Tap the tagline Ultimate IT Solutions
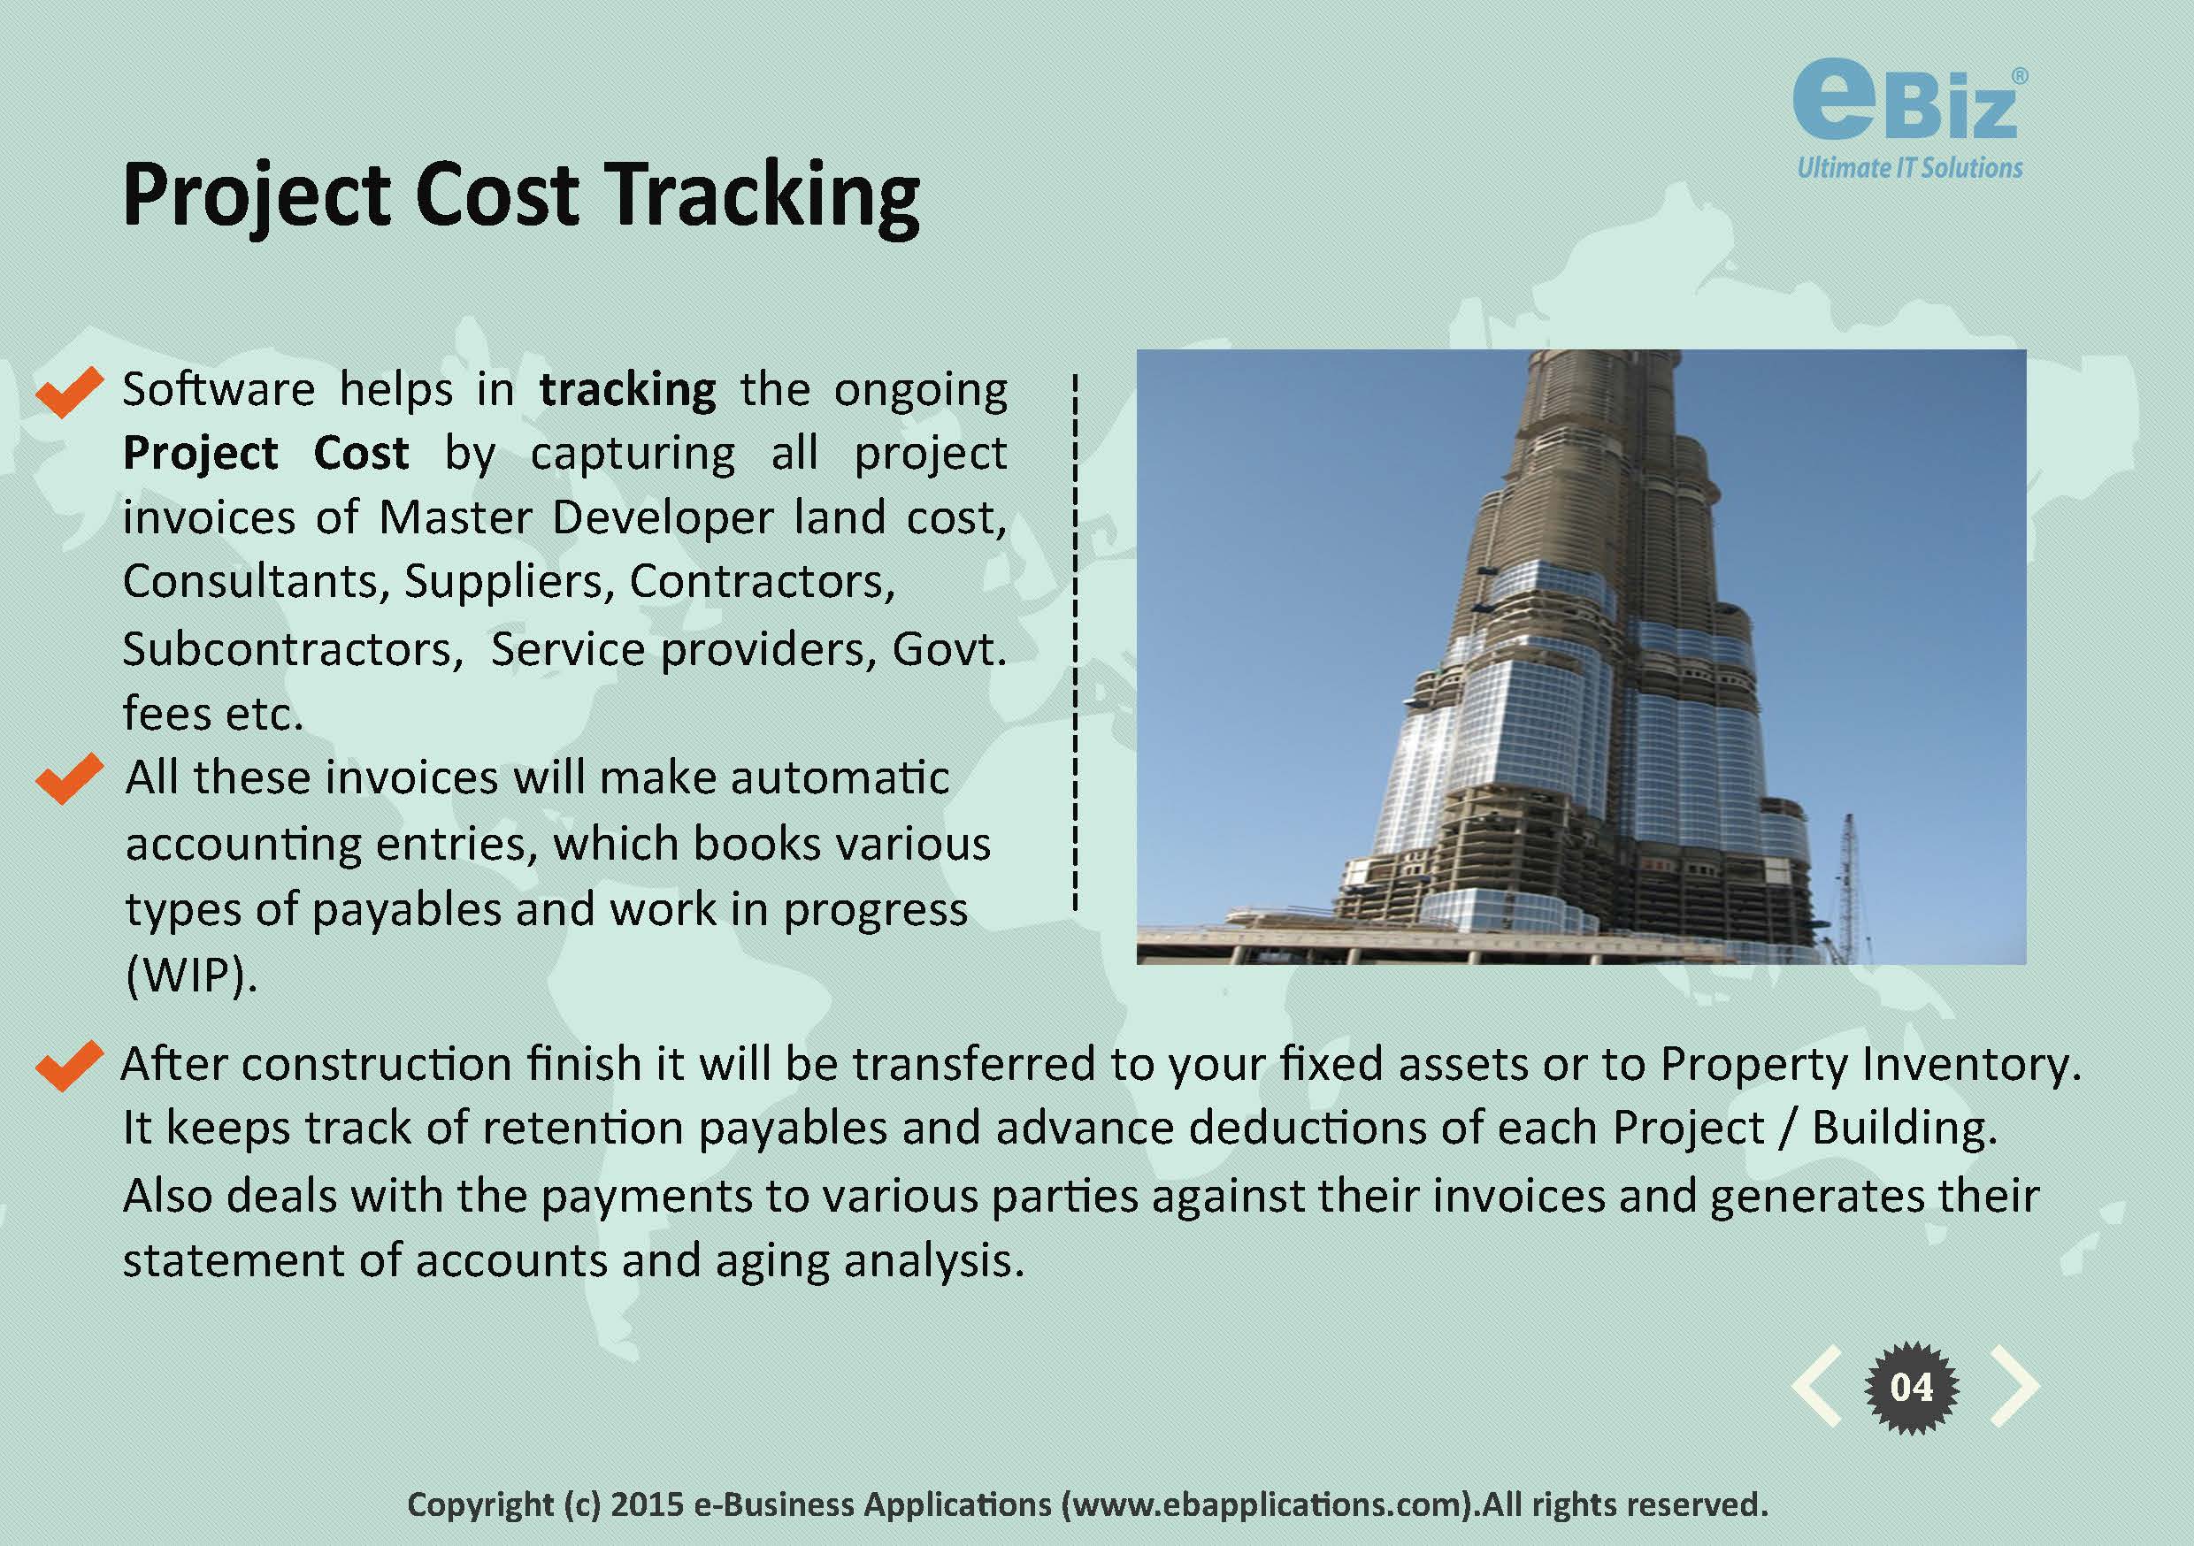tap(1909, 168)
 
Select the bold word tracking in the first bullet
tap(627, 391)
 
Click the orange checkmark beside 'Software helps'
tap(69, 392)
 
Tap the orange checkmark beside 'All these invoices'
tap(69, 778)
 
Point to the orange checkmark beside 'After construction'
tap(69, 1066)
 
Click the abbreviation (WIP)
tap(191, 976)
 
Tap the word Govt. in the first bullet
tap(949, 650)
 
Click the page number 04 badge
tap(1911, 1387)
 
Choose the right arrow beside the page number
tap(2014, 1387)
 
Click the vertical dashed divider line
tap(1075, 642)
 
